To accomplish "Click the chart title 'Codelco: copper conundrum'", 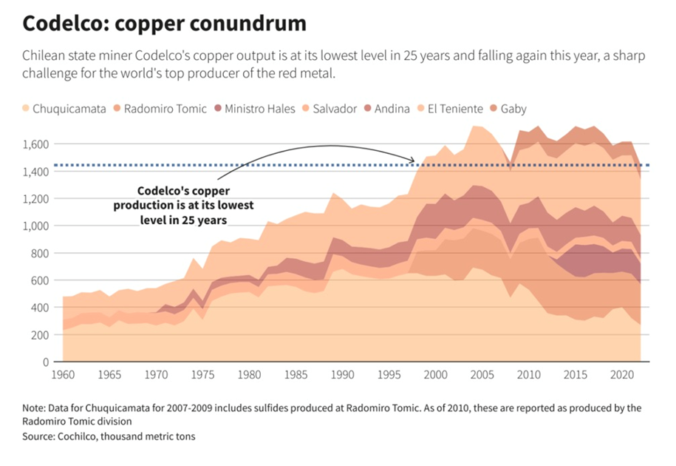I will [x=164, y=24].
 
